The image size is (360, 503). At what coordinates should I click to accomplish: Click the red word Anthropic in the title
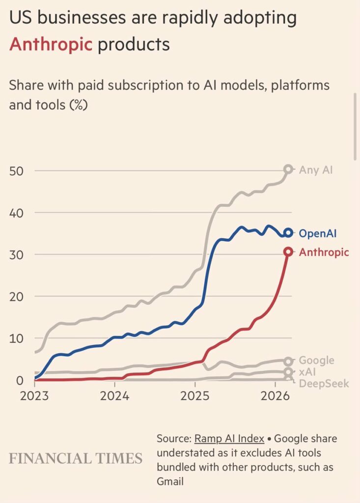click(x=51, y=44)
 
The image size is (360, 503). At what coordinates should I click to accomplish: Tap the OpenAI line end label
click(x=317, y=233)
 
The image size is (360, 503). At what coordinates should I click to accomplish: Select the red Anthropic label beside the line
click(x=324, y=252)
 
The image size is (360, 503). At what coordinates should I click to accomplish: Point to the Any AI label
click(x=316, y=170)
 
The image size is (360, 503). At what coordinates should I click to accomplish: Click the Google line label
click(x=316, y=361)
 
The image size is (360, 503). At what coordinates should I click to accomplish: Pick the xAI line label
click(x=308, y=372)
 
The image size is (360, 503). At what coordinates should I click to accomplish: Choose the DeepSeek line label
click(x=324, y=383)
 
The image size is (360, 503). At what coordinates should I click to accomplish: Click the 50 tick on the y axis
click(x=17, y=171)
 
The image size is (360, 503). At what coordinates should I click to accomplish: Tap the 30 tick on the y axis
click(x=17, y=254)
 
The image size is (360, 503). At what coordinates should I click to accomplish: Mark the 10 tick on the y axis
click(x=16, y=338)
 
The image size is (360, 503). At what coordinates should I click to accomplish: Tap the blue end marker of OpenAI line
click(x=288, y=233)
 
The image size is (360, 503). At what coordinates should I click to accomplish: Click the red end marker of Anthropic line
click(x=288, y=252)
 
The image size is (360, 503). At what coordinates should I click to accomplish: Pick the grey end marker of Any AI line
click(x=288, y=169)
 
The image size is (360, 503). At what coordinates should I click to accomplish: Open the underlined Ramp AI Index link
click(x=229, y=439)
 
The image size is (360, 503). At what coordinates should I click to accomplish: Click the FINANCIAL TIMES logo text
click(x=76, y=458)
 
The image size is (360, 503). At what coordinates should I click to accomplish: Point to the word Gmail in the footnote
click(x=170, y=481)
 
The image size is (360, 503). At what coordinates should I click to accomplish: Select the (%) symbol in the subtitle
click(x=77, y=105)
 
